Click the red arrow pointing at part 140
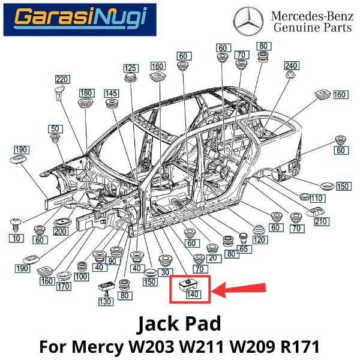coord(240,291)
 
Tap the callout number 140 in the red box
coord(193,294)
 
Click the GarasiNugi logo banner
coord(80,19)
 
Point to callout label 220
coord(62,79)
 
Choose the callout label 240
coord(291,65)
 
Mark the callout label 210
coord(322,222)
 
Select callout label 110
coord(317,198)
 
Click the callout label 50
coord(55,129)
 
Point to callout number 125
coord(130,68)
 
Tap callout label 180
coord(86,93)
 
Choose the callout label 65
coord(243,248)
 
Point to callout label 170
coord(64,287)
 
